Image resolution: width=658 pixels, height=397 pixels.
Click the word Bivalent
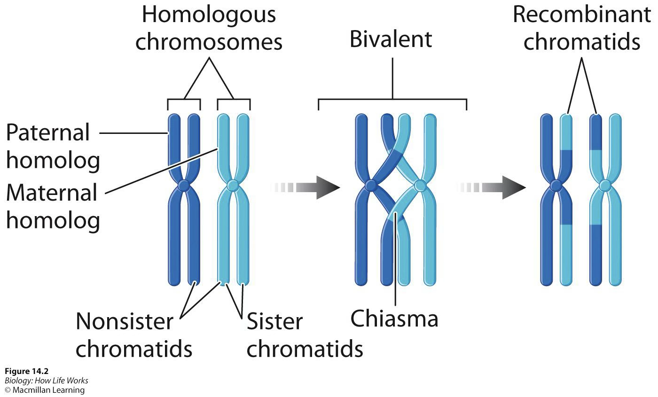pyautogui.click(x=391, y=39)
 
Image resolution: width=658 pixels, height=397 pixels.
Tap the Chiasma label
pyautogui.click(x=394, y=319)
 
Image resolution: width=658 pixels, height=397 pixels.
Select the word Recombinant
pyautogui.click(x=581, y=15)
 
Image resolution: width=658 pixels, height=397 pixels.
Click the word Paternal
pyautogui.click(x=47, y=133)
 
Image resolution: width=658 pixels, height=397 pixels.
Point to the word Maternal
pyautogui.click(x=52, y=193)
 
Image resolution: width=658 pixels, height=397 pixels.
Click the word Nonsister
pyautogui.click(x=124, y=322)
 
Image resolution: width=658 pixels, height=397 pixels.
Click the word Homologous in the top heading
pyautogui.click(x=209, y=15)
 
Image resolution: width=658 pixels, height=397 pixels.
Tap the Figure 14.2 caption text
pyautogui.click(x=26, y=372)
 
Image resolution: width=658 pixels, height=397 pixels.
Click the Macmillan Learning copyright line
pyautogui.click(x=45, y=390)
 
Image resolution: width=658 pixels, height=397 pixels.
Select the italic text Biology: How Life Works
pyautogui.click(x=46, y=381)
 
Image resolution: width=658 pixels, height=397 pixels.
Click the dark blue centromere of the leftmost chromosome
pyautogui.click(x=184, y=186)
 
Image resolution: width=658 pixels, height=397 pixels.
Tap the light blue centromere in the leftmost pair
pyautogui.click(x=233, y=186)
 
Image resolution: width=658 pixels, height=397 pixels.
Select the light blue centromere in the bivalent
pyautogui.click(x=420, y=187)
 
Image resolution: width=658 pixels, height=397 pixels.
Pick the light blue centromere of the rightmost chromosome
pyautogui.click(x=605, y=186)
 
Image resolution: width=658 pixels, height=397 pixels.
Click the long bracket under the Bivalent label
pyautogui.click(x=392, y=100)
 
